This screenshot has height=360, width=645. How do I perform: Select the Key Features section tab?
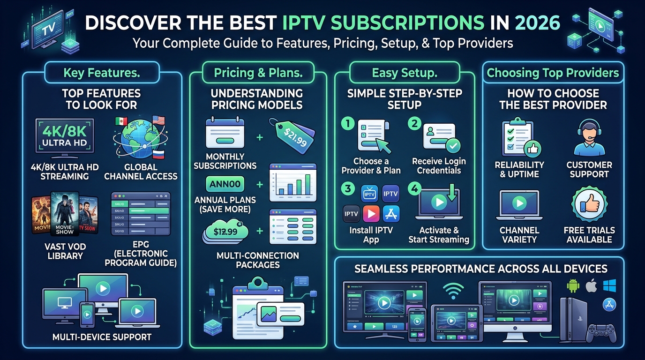point(102,73)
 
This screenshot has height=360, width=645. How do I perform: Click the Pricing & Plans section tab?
point(257,73)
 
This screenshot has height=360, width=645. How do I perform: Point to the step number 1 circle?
point(347,124)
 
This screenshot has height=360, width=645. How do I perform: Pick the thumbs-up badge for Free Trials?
point(589,206)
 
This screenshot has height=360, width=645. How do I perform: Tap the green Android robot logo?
point(573,285)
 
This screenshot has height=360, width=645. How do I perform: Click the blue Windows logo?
point(609,285)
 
